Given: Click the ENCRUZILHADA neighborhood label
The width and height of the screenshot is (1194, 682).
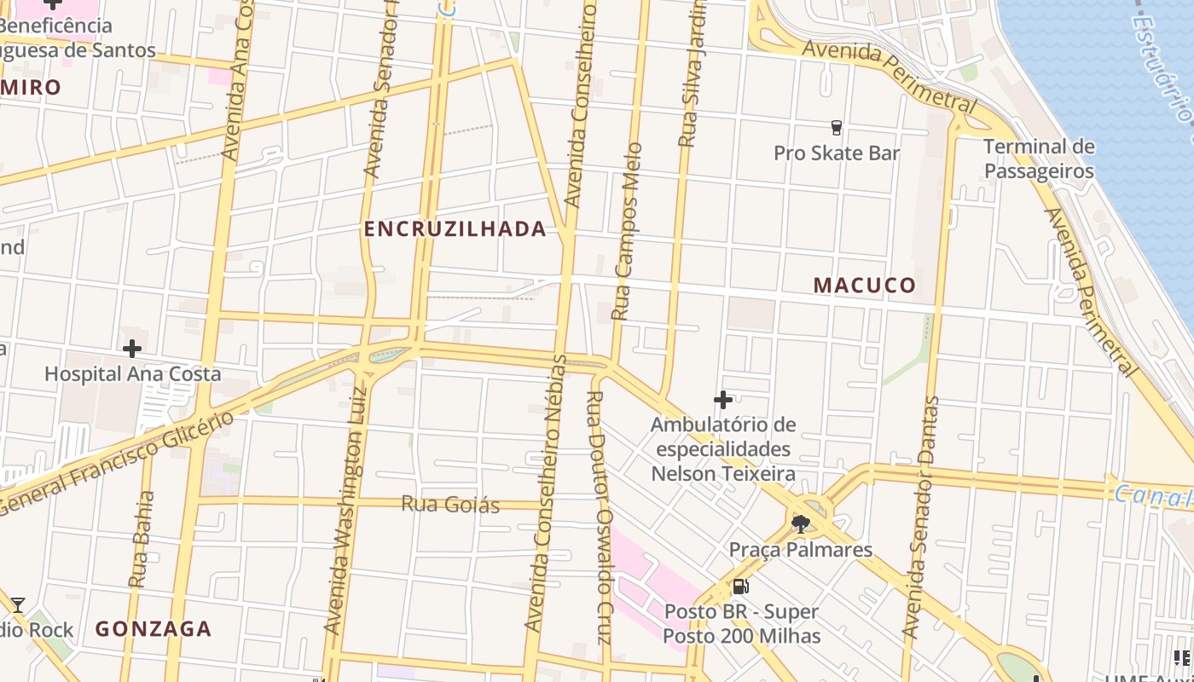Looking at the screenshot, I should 455,228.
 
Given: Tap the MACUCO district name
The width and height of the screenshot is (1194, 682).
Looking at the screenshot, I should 864,285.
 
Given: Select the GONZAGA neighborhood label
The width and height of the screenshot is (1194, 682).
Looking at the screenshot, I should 153,629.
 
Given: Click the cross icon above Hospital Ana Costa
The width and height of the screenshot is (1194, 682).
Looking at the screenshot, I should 132,349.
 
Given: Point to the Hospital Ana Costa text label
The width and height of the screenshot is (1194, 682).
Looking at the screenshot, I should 132,373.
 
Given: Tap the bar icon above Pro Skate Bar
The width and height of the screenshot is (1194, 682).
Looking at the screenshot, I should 836,128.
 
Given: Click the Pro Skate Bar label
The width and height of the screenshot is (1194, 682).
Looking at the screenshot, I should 836,153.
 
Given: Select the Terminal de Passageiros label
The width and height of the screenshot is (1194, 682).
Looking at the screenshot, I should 1039,159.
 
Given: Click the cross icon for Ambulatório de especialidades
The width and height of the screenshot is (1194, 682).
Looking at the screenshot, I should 723,400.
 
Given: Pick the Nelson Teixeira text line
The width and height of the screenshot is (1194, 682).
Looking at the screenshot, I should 723,474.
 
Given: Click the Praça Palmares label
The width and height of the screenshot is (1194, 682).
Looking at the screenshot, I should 800,550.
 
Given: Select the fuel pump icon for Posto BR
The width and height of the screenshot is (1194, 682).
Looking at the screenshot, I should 741,587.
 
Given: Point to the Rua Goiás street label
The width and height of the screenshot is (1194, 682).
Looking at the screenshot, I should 450,504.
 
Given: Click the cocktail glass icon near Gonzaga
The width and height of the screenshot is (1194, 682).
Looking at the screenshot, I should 17,605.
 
